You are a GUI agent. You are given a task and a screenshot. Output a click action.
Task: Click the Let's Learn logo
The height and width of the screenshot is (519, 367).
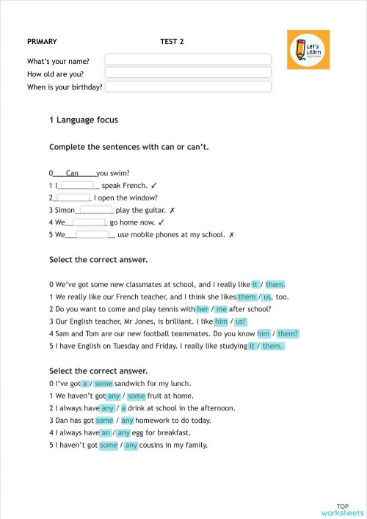click(x=308, y=50)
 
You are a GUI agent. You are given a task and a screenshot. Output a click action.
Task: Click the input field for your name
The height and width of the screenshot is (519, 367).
click(x=188, y=59)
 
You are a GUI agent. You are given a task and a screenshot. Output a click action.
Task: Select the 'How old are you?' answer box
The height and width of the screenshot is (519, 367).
click(x=188, y=73)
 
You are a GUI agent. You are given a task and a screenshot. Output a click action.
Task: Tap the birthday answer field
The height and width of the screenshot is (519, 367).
click(x=188, y=87)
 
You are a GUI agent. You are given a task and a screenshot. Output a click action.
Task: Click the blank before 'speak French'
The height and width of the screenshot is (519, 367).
click(x=76, y=185)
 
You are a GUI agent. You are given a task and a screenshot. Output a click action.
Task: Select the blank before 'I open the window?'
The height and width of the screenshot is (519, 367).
click(x=73, y=197)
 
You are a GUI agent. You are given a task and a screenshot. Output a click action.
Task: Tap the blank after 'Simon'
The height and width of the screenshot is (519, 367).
click(x=95, y=210)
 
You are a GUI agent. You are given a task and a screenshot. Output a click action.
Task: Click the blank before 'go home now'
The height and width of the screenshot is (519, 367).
click(x=89, y=222)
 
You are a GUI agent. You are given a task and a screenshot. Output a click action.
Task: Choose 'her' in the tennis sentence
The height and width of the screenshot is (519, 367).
click(x=203, y=309)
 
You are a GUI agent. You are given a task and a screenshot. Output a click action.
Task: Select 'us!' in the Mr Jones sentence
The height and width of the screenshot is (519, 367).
click(x=241, y=322)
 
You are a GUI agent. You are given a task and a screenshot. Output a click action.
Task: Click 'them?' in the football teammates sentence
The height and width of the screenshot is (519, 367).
click(x=288, y=333)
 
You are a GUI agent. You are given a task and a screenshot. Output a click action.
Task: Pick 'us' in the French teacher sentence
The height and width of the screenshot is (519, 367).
click(x=267, y=297)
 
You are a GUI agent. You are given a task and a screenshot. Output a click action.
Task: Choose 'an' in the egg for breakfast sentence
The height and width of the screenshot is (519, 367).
click(x=106, y=432)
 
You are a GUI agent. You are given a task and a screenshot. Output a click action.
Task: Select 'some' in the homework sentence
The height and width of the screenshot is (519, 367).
click(x=104, y=420)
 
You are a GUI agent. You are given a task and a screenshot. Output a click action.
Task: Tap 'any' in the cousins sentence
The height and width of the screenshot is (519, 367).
click(x=131, y=445)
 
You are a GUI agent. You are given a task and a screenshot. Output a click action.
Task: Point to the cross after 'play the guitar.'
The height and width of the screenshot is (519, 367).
click(x=172, y=210)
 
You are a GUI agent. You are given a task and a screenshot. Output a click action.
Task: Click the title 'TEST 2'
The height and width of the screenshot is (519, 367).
click(x=172, y=42)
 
